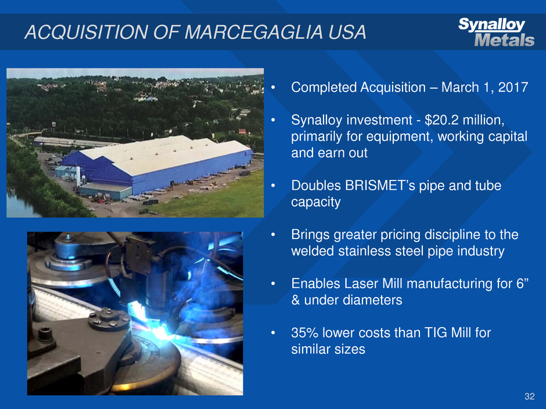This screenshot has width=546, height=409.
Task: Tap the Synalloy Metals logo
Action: pos(496,32)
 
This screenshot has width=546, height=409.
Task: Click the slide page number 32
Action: pos(529,396)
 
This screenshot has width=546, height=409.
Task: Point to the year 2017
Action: pos(513,87)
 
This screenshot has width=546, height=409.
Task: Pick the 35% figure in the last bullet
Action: pos(305,333)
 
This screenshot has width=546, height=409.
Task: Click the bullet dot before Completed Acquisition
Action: pos(274,88)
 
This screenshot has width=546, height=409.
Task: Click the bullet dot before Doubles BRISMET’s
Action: pos(274,186)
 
